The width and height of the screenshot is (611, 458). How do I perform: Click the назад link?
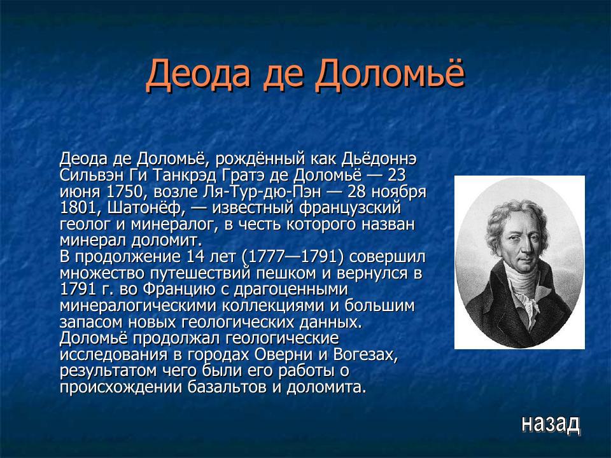550,423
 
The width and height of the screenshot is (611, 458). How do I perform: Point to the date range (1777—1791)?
293,258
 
